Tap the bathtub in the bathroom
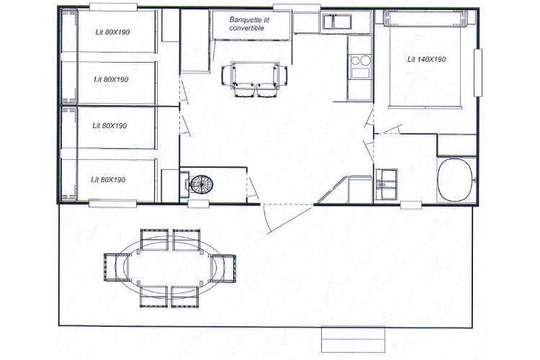coord(455,180)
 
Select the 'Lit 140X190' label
coord(426,59)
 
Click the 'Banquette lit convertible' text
coord(249,24)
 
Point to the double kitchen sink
coord(337,22)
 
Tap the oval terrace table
coord(170,267)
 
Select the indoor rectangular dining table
coord(255,73)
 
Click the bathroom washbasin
coord(386,184)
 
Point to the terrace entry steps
coord(353,340)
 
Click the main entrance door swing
coord(288,217)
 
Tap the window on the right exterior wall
coord(477,73)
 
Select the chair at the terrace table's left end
coord(116,267)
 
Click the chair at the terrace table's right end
coord(223,269)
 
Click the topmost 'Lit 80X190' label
coord(112,32)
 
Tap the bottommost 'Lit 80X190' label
coord(108,180)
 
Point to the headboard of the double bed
coord(426,18)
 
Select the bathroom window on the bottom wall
coord(411,205)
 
